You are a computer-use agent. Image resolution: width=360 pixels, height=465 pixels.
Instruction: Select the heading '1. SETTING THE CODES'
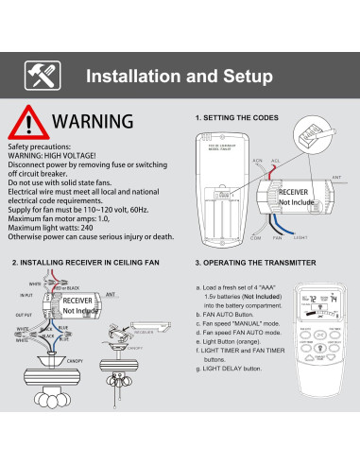click(236, 118)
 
